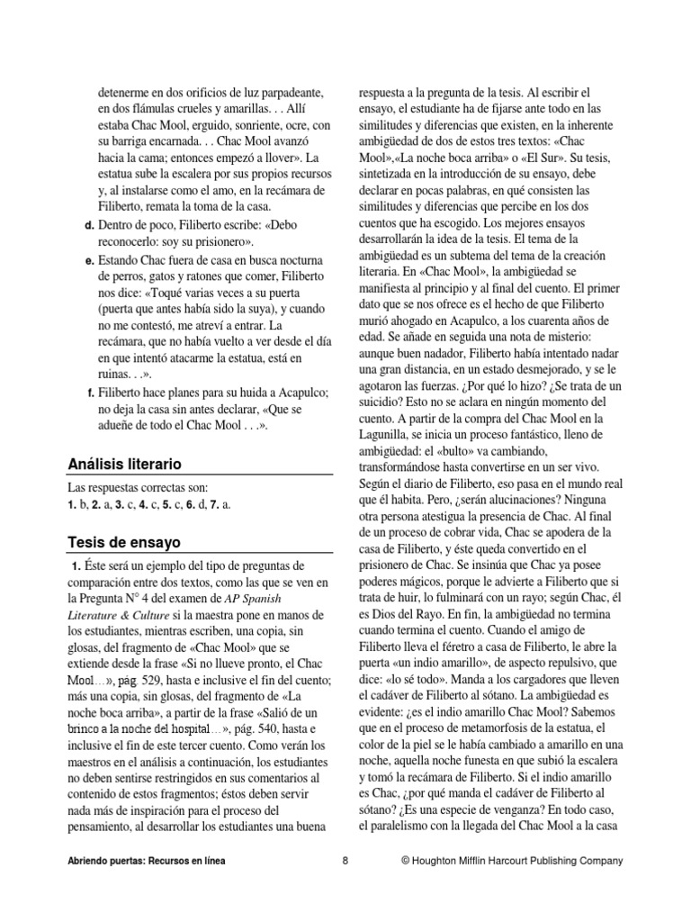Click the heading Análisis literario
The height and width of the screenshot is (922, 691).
coord(125,465)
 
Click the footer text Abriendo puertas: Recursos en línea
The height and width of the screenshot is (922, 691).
coord(154,861)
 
